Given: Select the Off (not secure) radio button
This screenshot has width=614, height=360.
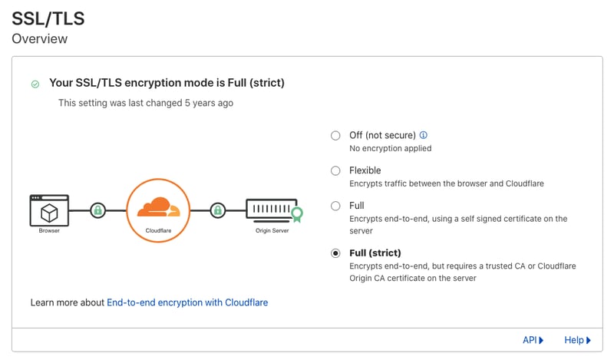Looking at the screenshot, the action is point(335,136).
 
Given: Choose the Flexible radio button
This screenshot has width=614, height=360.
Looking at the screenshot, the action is point(335,171).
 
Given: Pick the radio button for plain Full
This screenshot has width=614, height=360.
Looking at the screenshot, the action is point(335,206).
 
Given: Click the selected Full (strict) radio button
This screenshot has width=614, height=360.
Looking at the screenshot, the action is point(335,253).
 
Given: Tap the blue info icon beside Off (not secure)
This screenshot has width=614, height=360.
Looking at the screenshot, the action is point(424,135).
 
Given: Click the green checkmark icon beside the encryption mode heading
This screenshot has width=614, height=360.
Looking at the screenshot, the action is point(35,84).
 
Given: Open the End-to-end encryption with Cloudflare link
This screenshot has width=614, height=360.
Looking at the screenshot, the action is point(187,302).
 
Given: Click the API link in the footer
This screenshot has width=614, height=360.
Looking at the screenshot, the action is point(533,340).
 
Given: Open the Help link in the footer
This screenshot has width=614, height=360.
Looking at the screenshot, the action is point(577,340).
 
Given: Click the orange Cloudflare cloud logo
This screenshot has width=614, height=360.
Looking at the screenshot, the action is point(159,206).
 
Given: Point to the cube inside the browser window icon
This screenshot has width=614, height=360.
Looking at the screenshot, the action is point(49,213).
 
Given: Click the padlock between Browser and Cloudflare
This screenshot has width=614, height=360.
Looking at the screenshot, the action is point(98,210).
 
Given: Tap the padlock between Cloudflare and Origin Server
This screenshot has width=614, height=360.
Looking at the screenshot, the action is point(218,210).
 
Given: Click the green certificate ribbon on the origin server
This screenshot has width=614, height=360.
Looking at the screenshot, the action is point(297,214).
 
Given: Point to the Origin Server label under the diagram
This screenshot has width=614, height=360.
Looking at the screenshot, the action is point(272,231).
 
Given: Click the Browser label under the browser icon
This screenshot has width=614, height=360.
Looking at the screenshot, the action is point(49,231).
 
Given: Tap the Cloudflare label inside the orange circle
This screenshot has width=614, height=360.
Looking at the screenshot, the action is point(159,231).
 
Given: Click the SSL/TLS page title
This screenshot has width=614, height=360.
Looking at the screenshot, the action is point(48,18).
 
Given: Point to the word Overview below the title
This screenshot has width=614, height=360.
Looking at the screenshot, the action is point(40,39).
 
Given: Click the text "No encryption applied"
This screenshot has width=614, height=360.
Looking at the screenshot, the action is point(391,148).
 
